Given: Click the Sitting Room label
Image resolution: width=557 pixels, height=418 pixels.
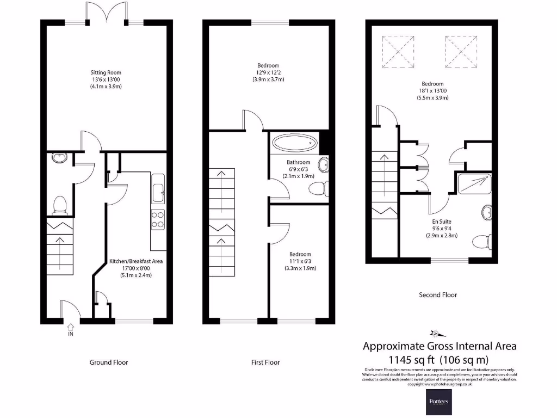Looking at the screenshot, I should click(x=106, y=72).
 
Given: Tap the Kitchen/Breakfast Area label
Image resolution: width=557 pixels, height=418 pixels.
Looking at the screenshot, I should click(x=136, y=261).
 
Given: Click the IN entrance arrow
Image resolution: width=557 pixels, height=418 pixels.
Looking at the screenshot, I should click(x=71, y=328).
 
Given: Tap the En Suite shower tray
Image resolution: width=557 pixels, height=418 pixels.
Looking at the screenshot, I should click(x=476, y=185).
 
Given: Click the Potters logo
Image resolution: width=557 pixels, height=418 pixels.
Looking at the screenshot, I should click(x=438, y=402).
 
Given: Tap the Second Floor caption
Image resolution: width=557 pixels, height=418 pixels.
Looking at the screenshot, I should click(x=438, y=295).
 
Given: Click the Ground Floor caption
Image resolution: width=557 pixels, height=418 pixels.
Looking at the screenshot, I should click(x=109, y=362).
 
